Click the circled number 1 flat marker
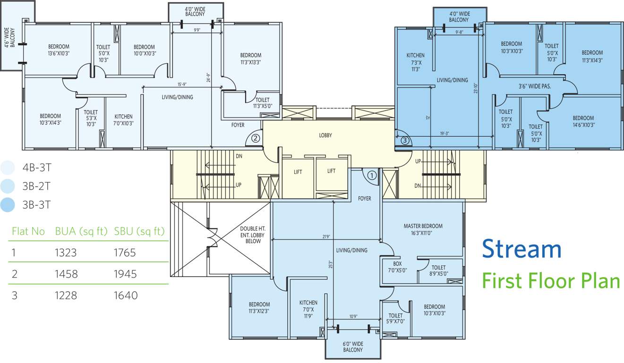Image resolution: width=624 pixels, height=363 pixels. [x=372, y=176]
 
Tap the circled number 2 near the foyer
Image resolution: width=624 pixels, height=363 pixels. [x=255, y=138]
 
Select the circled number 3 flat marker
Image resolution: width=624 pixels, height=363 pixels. [x=404, y=140]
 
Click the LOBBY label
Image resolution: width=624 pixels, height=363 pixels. [x=325, y=135]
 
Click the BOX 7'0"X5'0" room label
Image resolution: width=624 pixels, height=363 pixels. [x=400, y=267]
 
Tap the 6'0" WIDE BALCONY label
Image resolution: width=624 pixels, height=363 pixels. [x=353, y=346]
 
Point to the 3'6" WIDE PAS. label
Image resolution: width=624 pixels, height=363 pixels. [x=534, y=86]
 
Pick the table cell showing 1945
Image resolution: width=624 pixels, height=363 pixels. [x=125, y=274]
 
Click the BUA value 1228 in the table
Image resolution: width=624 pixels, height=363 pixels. [x=66, y=295]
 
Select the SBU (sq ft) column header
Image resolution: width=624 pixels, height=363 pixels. [x=139, y=232]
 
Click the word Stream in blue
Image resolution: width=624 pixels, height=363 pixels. [x=521, y=249]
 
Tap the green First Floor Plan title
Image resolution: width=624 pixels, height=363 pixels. [x=551, y=281]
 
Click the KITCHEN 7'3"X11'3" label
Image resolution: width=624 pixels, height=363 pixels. [x=415, y=62]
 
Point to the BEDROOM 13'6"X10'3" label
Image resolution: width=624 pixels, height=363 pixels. [x=59, y=50]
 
